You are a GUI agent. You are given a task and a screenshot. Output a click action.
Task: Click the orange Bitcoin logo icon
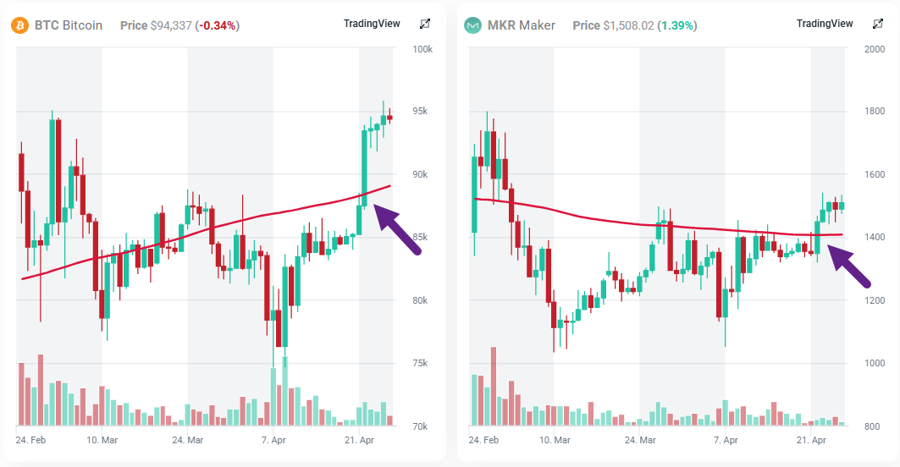point(19,25)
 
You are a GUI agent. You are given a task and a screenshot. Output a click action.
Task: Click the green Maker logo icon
point(472,25)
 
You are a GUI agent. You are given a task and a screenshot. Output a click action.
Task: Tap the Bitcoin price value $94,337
point(172,25)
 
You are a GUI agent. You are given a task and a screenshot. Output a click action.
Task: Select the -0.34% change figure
point(217,25)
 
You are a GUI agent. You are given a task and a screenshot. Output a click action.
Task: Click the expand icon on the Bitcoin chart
point(425,24)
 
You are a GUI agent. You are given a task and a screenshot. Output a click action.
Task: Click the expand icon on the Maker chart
point(878,24)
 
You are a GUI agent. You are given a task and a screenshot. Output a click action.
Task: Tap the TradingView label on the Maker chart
point(825,24)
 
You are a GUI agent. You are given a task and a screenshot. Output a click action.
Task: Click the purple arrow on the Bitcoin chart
point(397,226)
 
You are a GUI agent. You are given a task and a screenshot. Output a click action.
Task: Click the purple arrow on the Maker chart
point(850,266)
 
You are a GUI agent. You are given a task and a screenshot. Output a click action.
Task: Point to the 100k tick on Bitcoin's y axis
point(422,49)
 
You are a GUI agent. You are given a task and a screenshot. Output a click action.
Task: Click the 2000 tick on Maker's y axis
point(875,49)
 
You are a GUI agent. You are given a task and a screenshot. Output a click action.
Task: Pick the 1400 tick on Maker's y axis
point(875,238)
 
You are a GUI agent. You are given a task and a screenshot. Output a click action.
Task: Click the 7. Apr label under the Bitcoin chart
point(273,441)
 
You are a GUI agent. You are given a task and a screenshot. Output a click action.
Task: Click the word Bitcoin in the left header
point(83,25)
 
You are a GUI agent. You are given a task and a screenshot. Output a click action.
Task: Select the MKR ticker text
point(500,25)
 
